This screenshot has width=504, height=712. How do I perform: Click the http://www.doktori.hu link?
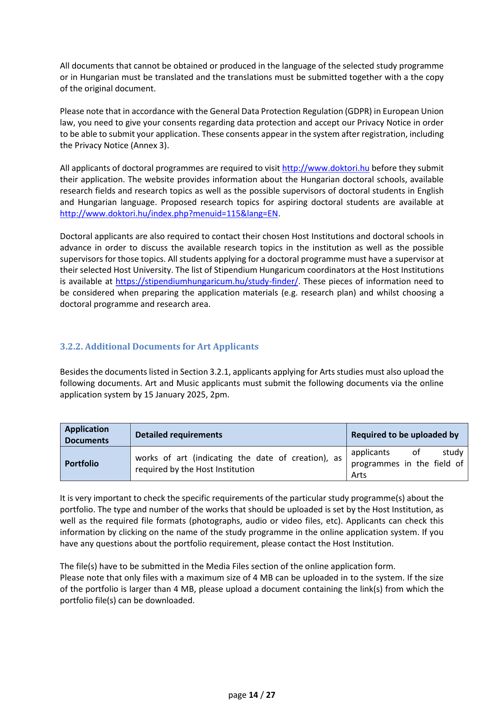(x=325, y=168)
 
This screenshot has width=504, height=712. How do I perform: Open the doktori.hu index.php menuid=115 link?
(x=169, y=214)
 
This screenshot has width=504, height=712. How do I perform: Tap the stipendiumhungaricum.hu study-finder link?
(x=207, y=281)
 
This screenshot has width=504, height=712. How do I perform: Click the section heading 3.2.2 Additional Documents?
(x=159, y=346)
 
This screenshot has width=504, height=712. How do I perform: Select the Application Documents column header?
(x=87, y=435)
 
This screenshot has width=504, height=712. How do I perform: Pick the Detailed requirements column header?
(x=179, y=435)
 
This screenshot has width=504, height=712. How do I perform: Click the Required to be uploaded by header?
(x=404, y=435)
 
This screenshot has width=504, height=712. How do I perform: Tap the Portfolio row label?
(x=82, y=464)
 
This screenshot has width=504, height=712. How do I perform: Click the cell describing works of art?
(x=238, y=464)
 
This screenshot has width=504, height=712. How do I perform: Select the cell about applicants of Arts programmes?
(x=407, y=464)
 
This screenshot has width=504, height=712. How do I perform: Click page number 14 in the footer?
(x=253, y=695)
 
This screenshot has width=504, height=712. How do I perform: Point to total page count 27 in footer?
(x=270, y=695)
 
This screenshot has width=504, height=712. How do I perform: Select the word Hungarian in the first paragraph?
(x=100, y=77)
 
